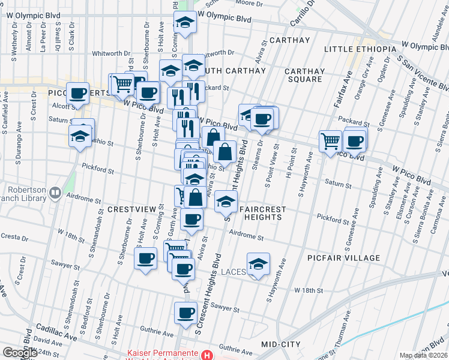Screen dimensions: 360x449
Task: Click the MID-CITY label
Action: pyautogui.click(x=281, y=344)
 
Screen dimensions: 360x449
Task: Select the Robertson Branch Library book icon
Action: pyautogui.click(x=56, y=193)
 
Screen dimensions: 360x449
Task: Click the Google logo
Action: pyautogui.click(x=20, y=352)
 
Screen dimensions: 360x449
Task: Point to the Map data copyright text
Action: pyautogui.click(x=423, y=355)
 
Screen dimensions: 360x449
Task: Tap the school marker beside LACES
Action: pyautogui.click(x=258, y=264)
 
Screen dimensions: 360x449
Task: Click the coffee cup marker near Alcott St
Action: pyautogui.click(x=77, y=93)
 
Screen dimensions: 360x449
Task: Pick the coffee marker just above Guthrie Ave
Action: pyautogui.click(x=185, y=313)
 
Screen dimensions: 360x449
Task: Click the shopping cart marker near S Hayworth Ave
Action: pyautogui.click(x=330, y=141)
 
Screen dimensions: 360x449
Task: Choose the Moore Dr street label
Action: pyautogui.click(x=246, y=2)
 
